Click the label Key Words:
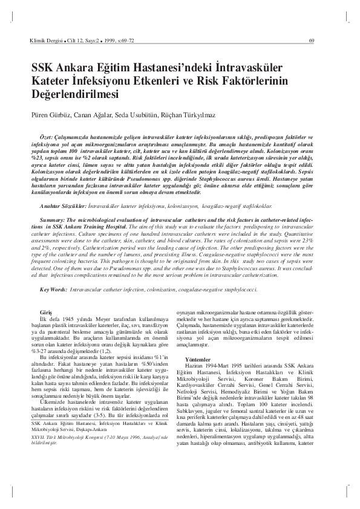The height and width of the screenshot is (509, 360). click(x=54, y=289)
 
